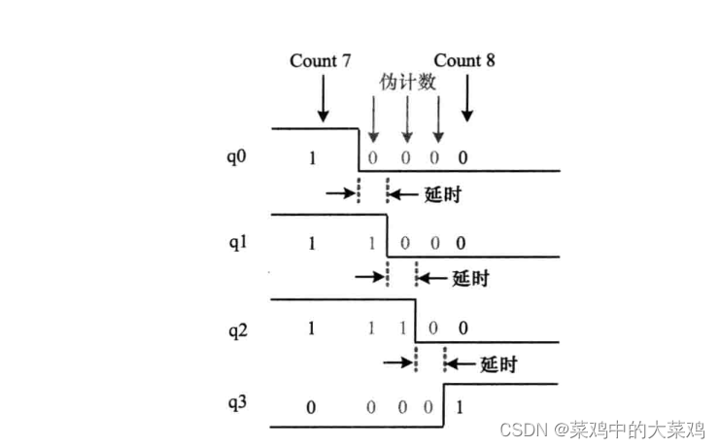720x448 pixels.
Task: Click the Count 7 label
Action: click(320, 61)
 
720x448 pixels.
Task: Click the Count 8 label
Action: click(464, 61)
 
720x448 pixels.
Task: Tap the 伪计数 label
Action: click(406, 84)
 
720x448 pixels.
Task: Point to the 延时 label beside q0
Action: click(442, 193)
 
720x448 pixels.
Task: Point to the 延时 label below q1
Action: click(470, 279)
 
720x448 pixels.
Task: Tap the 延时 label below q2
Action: click(498, 365)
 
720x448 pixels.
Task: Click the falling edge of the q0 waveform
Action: click(360, 150)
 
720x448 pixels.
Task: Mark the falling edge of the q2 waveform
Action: click(416, 321)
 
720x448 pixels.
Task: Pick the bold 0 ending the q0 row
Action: click(463, 156)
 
